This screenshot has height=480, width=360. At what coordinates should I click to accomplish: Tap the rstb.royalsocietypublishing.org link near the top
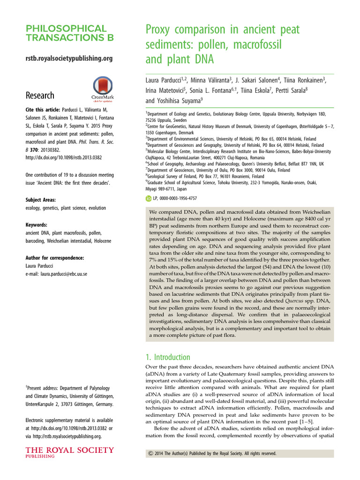(x=68, y=58)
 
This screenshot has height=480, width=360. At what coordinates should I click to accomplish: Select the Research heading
(x=40, y=95)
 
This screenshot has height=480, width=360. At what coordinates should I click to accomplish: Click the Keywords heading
(x=36, y=225)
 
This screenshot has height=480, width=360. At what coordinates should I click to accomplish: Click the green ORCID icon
(x=149, y=199)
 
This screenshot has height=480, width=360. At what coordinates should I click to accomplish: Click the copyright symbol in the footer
(x=150, y=454)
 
